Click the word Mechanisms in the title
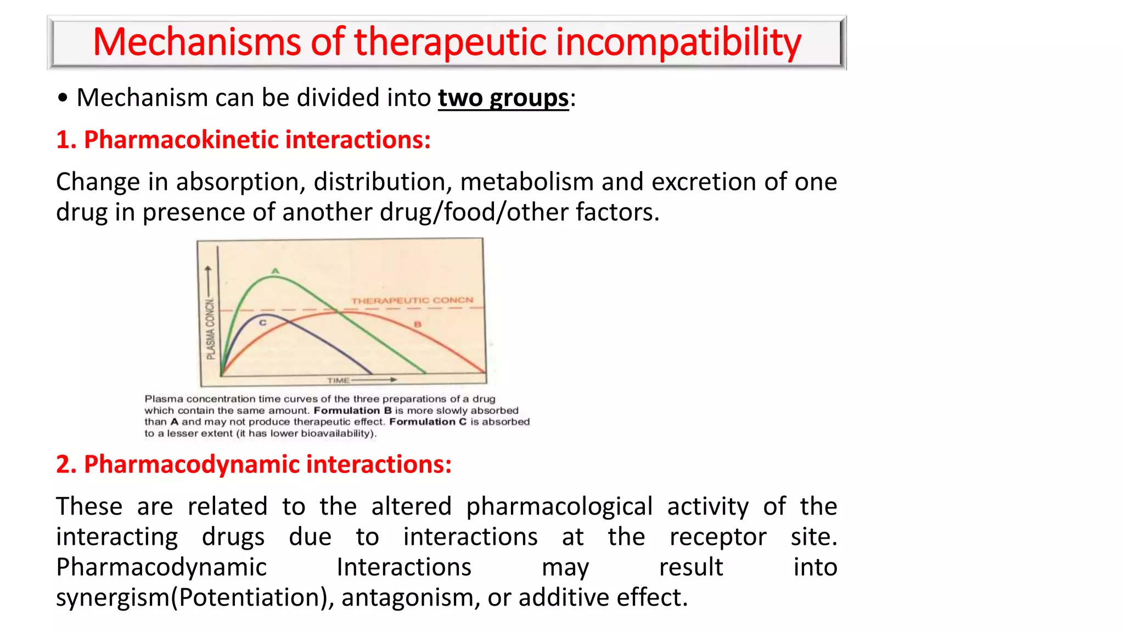(196, 42)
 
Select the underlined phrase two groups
(503, 98)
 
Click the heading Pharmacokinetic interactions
(243, 140)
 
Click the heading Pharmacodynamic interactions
(254, 465)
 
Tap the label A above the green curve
(276, 270)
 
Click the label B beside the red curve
(418, 324)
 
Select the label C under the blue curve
(263, 323)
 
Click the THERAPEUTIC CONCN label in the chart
(412, 301)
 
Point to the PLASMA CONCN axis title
(211, 329)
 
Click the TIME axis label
(339, 380)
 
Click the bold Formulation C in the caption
(428, 422)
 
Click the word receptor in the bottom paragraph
(717, 537)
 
